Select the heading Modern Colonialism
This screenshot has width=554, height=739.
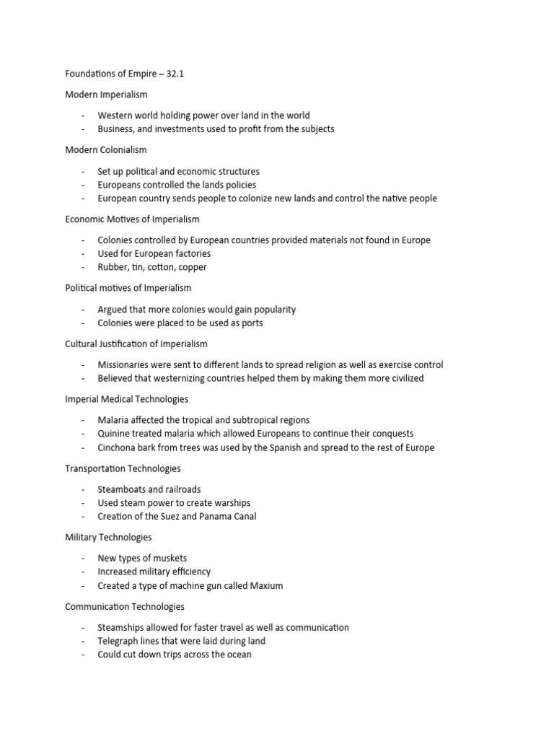click(105, 150)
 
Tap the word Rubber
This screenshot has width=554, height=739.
click(113, 267)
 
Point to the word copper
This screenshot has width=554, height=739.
click(193, 267)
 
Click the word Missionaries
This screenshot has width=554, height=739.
click(126, 364)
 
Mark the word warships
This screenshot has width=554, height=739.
click(228, 503)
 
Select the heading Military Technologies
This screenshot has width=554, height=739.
click(108, 538)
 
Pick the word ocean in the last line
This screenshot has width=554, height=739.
click(236, 655)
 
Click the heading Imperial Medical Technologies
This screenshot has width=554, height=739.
click(126, 399)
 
